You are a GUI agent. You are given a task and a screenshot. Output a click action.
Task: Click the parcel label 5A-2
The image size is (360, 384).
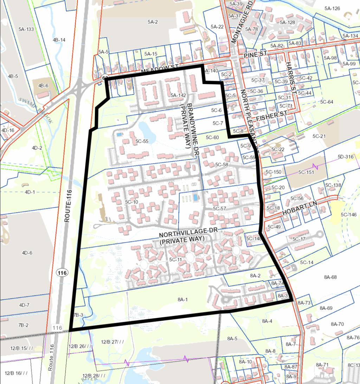tap(153, 22)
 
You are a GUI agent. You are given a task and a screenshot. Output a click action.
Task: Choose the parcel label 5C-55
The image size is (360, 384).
tap(142, 141)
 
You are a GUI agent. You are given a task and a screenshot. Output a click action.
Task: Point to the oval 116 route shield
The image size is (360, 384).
tap(61, 272)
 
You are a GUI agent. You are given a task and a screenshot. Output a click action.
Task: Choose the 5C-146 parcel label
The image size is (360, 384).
tap(348, 214)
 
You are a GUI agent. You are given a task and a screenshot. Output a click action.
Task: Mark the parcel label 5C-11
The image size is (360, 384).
tap(175, 260)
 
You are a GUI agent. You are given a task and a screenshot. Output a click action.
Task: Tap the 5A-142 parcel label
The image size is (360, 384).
tap(178, 95)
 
